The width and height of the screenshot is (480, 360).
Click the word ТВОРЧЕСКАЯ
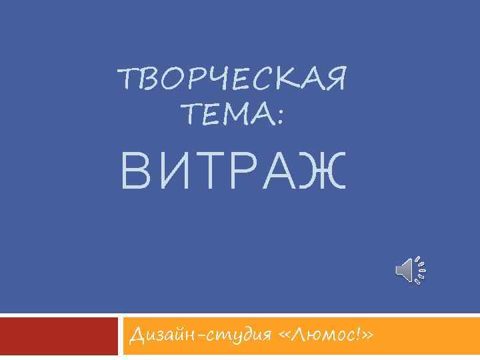tap(231, 81)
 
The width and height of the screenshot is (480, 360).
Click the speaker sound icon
tap(410, 270)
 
